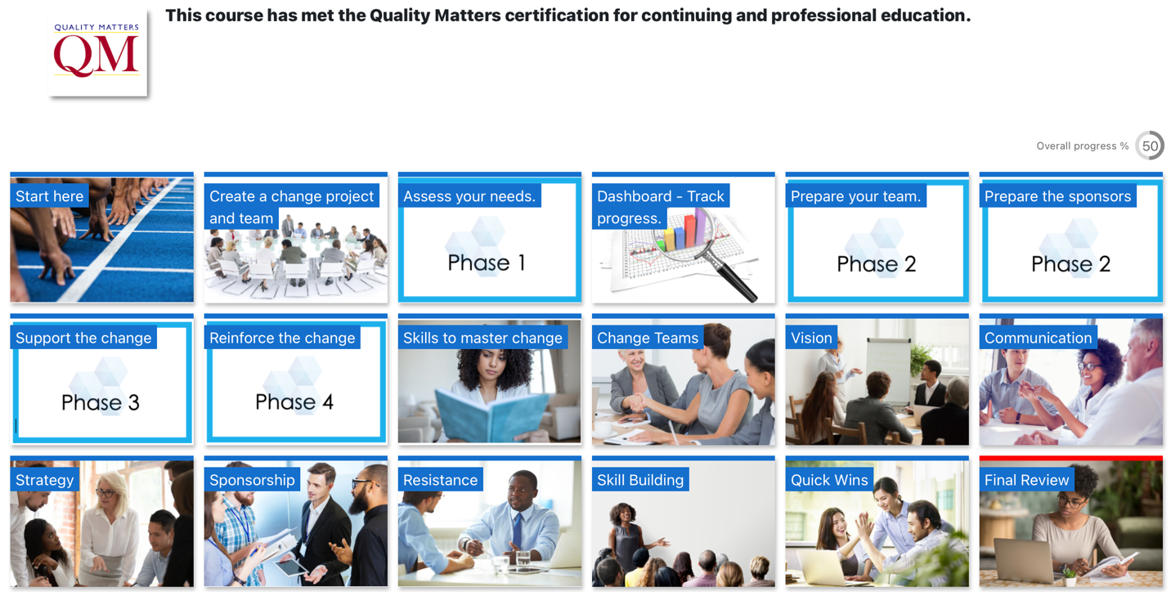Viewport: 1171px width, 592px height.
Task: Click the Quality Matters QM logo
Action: pyautogui.click(x=97, y=52)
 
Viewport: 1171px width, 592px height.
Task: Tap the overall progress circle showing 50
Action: pyautogui.click(x=1150, y=146)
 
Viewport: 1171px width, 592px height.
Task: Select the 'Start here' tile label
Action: pyautogui.click(x=50, y=196)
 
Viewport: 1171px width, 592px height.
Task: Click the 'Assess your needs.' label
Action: pyautogui.click(x=469, y=196)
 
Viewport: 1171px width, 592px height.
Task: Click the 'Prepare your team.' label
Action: pyautogui.click(x=856, y=196)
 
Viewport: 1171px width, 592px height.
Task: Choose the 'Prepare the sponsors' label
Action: pyautogui.click(x=1057, y=196)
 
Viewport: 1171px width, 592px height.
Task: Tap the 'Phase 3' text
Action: pyautogui.click(x=101, y=402)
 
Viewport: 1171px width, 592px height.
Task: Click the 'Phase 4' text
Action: pyautogui.click(x=294, y=401)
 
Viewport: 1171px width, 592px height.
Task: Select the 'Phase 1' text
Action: pyautogui.click(x=487, y=262)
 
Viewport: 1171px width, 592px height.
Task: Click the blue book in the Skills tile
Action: pyautogui.click(x=489, y=415)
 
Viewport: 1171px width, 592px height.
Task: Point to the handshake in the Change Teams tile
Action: pyautogui.click(x=637, y=402)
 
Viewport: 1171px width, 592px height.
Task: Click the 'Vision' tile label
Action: pyautogui.click(x=811, y=338)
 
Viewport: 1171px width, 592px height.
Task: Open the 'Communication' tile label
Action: pyautogui.click(x=1039, y=338)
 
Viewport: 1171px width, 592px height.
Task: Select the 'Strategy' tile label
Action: pyautogui.click(x=45, y=480)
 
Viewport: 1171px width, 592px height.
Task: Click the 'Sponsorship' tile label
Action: pyautogui.click(x=252, y=480)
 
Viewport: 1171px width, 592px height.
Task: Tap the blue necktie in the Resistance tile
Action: pyautogui.click(x=517, y=530)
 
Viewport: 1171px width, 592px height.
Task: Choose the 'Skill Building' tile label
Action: pyautogui.click(x=640, y=480)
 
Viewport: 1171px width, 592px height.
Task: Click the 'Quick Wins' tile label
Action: pyautogui.click(x=829, y=480)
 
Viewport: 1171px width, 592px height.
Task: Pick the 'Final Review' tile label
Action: pyautogui.click(x=1027, y=480)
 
